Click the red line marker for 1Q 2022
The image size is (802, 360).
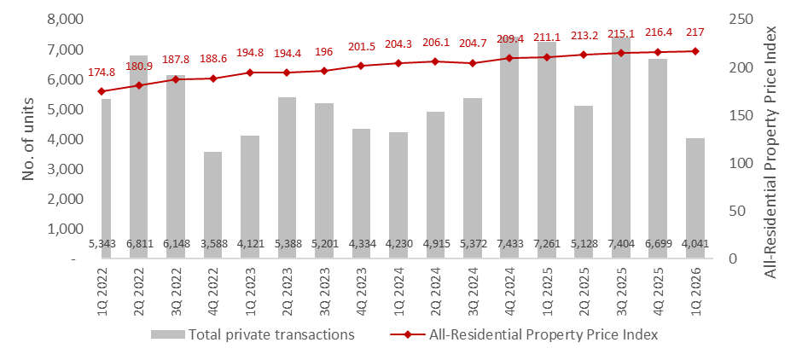[101, 91]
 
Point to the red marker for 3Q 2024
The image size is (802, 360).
[472, 63]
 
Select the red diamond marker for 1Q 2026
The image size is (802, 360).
[694, 51]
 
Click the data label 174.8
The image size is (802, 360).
[101, 73]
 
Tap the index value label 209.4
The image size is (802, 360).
[509, 39]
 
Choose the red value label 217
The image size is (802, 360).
[694, 32]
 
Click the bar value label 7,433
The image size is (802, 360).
[509, 244]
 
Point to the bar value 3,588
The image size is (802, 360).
[212, 244]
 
